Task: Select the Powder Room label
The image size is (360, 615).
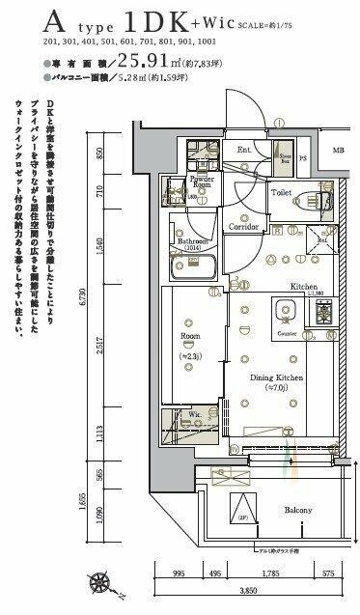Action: point(201,183)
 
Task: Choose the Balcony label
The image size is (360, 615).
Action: point(297,509)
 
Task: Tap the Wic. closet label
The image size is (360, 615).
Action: point(194,415)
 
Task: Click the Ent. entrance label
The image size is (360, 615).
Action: point(244,151)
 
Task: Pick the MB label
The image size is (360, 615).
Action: point(338,151)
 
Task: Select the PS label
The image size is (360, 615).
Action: point(302,159)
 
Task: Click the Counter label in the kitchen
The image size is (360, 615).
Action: point(286,333)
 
